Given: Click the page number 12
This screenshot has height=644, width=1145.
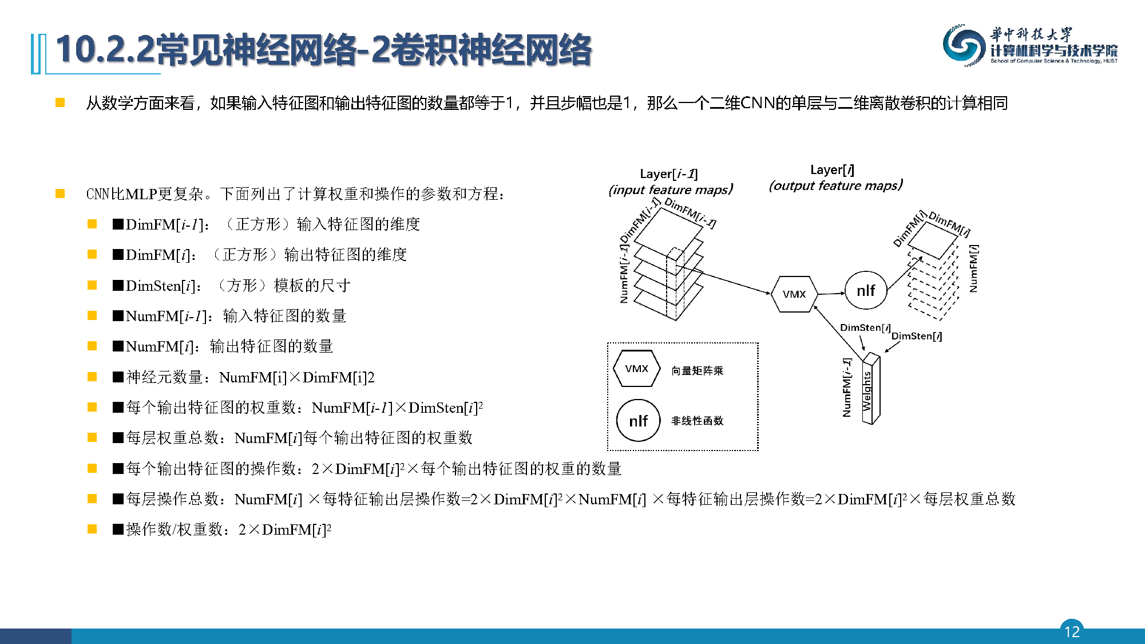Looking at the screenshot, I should (1072, 631).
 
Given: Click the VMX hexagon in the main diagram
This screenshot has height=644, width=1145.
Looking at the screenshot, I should (794, 294).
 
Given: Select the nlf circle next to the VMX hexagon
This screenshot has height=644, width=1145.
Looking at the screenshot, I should (866, 291).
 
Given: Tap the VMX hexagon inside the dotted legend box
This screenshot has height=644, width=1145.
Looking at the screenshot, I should (636, 369).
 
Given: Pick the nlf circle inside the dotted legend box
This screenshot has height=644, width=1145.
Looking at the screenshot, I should (638, 421).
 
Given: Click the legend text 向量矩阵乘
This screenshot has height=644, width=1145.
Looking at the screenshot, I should (697, 371).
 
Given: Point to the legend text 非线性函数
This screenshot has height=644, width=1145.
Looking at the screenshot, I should (697, 421).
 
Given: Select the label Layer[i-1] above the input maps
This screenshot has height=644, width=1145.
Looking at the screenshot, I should (669, 174).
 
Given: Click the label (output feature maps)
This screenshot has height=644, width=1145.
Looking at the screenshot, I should (835, 185).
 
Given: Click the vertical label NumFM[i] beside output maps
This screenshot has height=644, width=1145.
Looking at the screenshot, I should (973, 268).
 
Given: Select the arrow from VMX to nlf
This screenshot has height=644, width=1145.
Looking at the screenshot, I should (831, 293).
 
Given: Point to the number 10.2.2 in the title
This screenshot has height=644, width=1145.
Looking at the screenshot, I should (105, 50).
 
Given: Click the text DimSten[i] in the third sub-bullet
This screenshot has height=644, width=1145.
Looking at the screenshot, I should (161, 286).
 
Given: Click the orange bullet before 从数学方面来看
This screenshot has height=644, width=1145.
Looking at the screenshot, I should (60, 103).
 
